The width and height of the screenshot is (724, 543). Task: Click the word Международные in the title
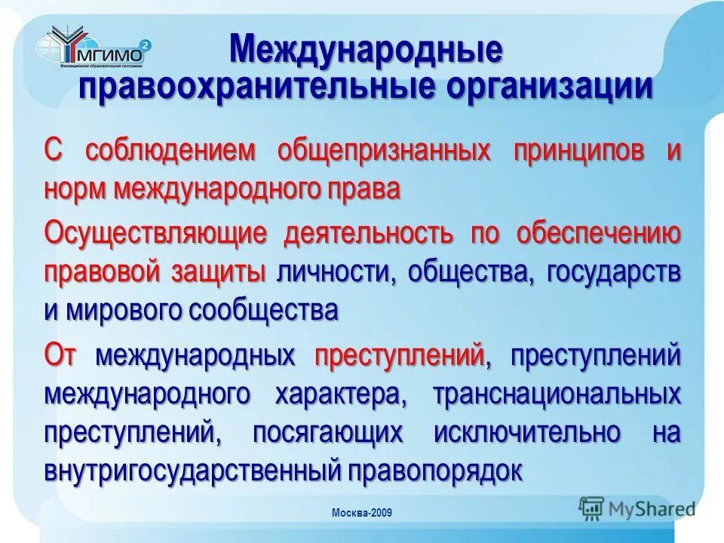(366, 51)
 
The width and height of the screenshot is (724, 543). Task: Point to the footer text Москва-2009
(362, 514)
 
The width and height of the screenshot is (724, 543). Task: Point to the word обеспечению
(600, 234)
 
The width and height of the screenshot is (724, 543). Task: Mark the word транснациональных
(558, 394)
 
